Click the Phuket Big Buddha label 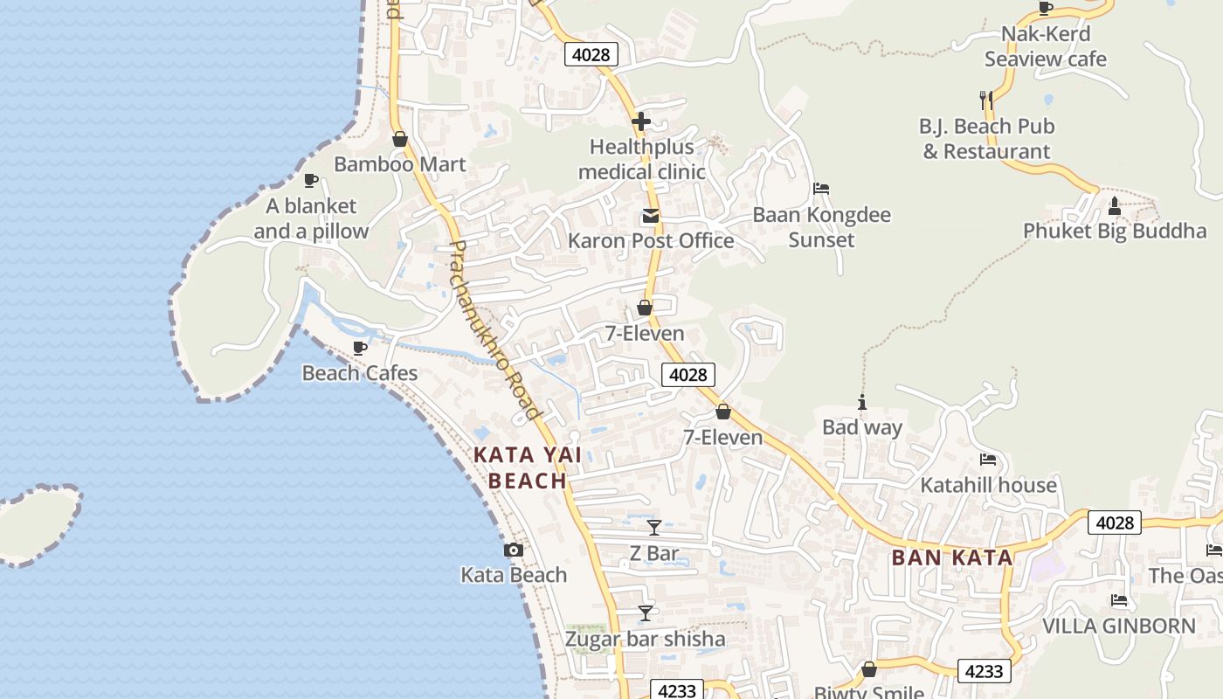point(1115,232)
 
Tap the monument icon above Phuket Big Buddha point(1114,206)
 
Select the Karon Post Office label point(651,241)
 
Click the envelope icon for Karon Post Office point(650,216)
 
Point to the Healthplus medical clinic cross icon point(641,121)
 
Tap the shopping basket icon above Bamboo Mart point(400,139)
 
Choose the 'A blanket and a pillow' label point(311,218)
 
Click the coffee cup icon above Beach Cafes point(359,348)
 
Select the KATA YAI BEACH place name point(528,467)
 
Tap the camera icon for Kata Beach point(514,550)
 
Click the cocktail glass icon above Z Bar point(654,527)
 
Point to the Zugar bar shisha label point(645,639)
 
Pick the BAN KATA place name point(952,557)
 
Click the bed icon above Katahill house point(988,460)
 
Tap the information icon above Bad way point(862,402)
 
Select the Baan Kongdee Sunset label point(821,227)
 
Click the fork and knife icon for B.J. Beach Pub point(986,100)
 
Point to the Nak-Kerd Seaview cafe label point(1046,46)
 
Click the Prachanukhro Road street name point(495,330)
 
